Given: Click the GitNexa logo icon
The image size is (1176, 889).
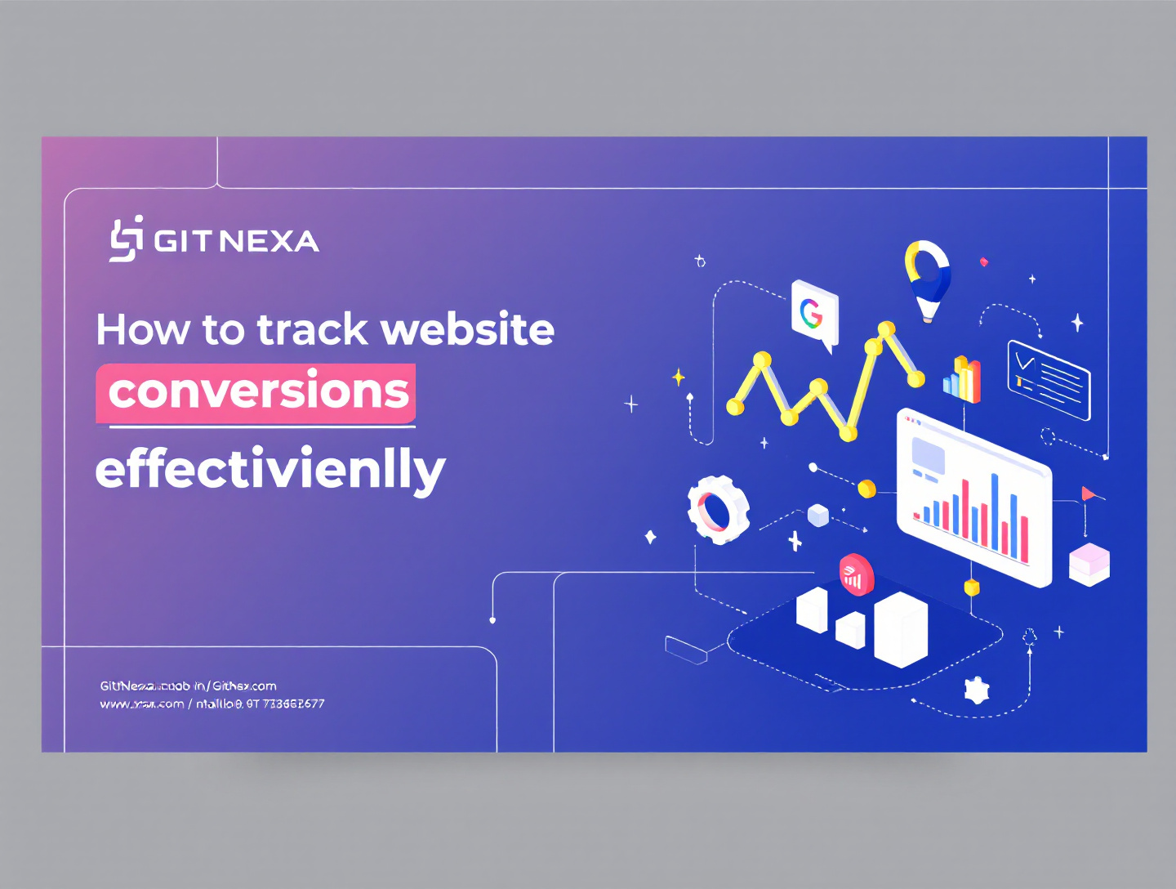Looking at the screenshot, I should tap(127, 239).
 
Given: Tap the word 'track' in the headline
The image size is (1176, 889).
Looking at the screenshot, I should tap(313, 330).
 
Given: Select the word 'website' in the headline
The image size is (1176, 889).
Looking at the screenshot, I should tap(468, 330).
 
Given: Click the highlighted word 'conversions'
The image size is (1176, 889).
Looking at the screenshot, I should tap(257, 391).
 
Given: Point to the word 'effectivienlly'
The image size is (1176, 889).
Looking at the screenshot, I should tap(270, 471).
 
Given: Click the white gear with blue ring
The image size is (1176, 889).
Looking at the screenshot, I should tap(718, 510).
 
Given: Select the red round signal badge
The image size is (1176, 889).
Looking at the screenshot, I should tap(855, 574).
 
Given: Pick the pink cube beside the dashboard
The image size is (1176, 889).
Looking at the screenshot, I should tap(1089, 564).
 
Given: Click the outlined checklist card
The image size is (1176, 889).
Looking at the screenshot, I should tap(1049, 380).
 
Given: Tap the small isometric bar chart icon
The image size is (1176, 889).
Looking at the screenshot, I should tap(963, 378).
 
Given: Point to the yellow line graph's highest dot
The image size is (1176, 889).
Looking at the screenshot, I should tap(886, 329).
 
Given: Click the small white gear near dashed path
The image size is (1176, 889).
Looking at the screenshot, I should tap(977, 690).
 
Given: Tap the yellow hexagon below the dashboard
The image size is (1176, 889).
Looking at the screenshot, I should tap(972, 587).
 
